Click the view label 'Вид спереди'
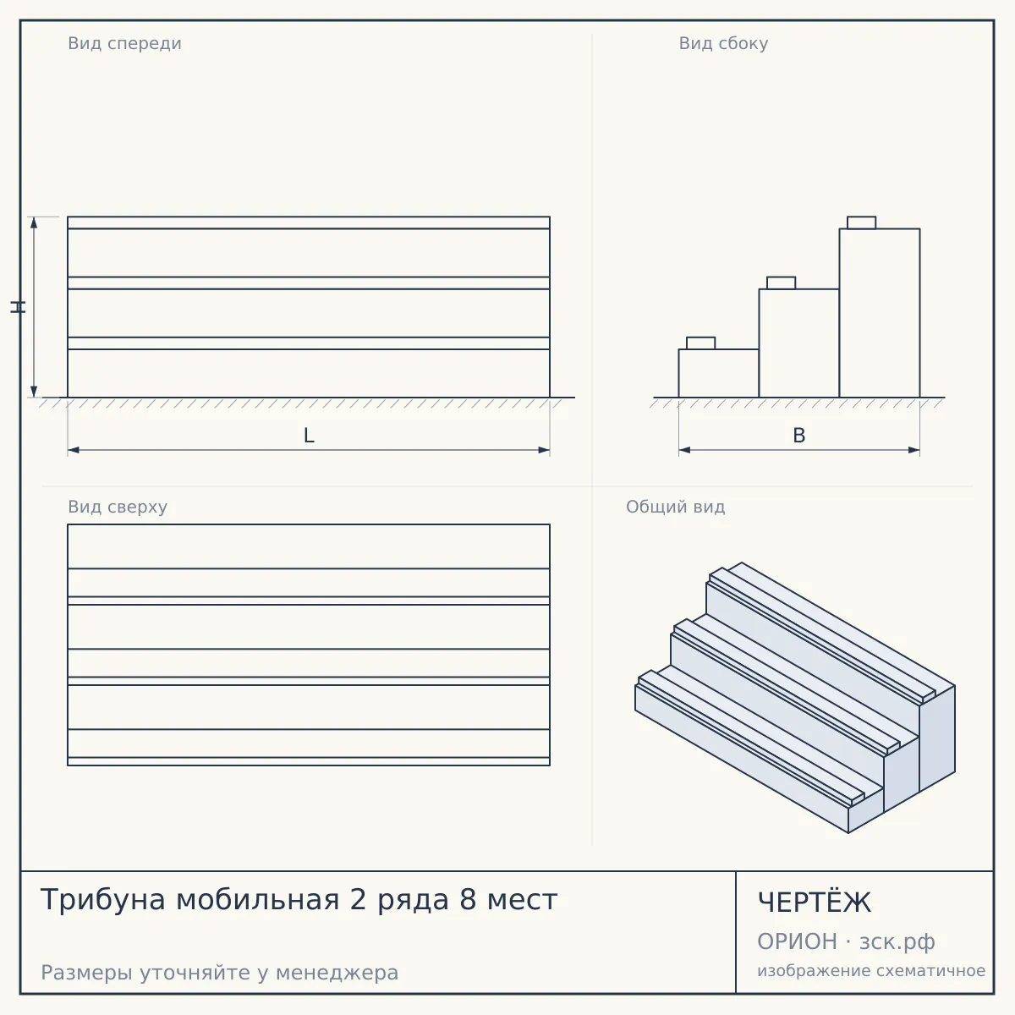coord(125,44)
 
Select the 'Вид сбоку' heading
coord(723,44)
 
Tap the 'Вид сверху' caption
coord(118,507)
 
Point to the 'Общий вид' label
coord(675,507)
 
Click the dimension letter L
coord(309,436)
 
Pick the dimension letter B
coord(799,436)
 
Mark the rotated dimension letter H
coord(19,307)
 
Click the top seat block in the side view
coord(862,222)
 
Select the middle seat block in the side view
coord(782,283)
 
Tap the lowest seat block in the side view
coord(700,343)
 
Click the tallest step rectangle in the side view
coord(880,313)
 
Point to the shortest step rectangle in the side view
coord(718,373)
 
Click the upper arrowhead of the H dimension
coord(34,222)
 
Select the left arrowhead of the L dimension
coord(74,450)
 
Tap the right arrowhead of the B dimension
coord(913,450)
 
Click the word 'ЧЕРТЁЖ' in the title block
coord(815,903)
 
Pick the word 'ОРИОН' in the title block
coord(797,941)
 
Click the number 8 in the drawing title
coord(468,900)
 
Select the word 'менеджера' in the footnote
coord(337,973)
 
